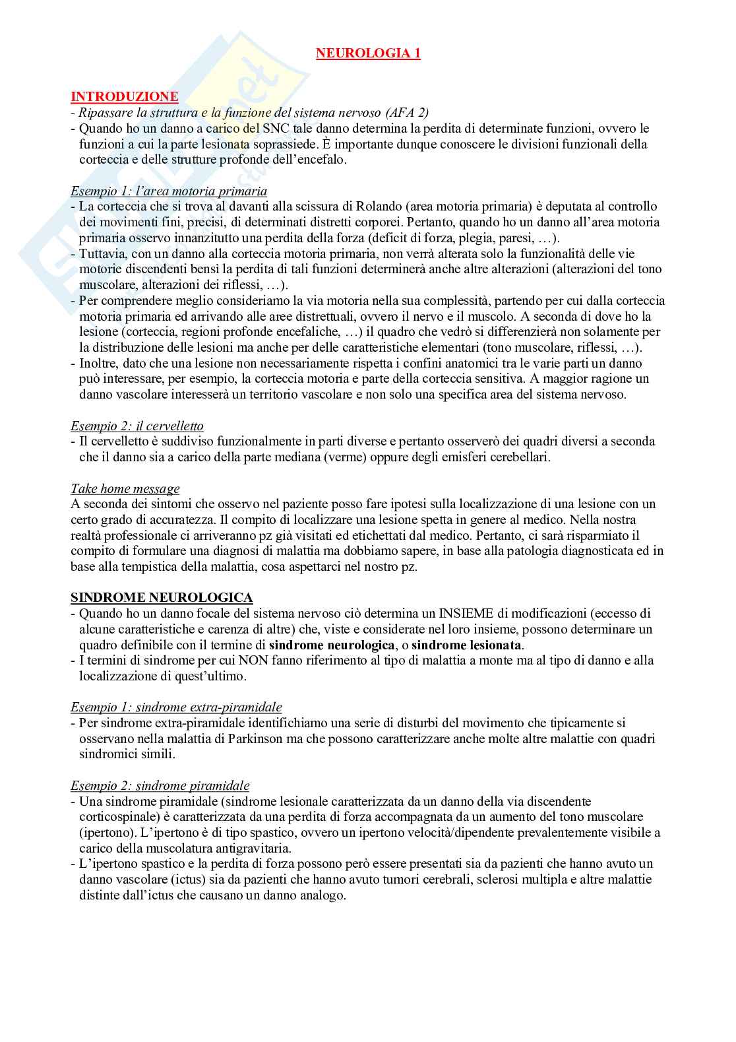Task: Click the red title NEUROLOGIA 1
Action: click(x=368, y=53)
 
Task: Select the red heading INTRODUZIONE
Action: click(x=124, y=96)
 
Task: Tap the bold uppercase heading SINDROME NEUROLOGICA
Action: click(x=162, y=597)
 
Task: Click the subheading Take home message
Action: click(x=125, y=488)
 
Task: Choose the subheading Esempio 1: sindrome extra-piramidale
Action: click(x=176, y=707)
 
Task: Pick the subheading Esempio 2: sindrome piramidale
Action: click(x=160, y=785)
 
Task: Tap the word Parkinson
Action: click(x=266, y=738)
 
